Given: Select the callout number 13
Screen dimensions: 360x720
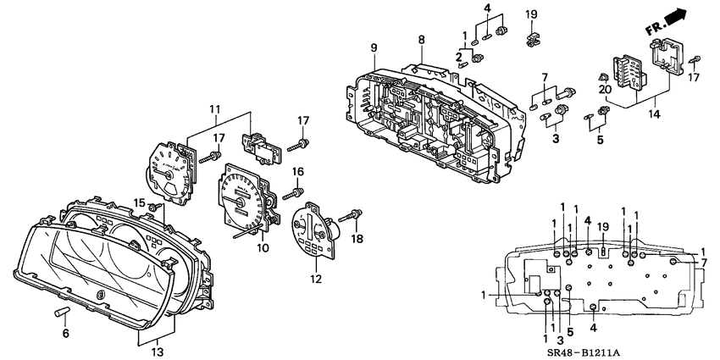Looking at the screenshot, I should point(157,352).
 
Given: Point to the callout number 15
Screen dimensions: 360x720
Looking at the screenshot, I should point(139,201).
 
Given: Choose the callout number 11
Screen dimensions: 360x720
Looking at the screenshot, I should point(214,109).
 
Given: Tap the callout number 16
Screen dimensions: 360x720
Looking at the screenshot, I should point(296,172).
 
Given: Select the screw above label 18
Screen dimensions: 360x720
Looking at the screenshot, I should point(352,215).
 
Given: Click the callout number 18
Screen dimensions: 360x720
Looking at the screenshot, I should point(357,240).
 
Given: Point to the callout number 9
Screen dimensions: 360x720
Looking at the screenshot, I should point(373,47).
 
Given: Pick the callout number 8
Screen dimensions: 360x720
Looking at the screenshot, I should point(421,40).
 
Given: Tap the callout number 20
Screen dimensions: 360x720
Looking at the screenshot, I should point(604,89).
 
